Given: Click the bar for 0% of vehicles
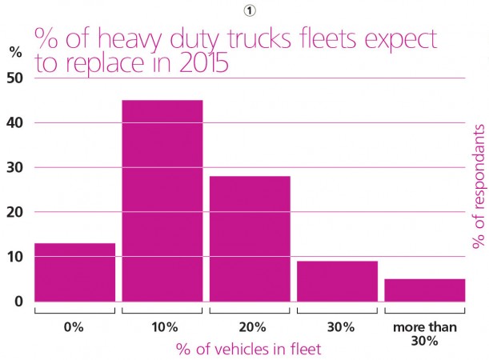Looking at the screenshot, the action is tap(75, 273).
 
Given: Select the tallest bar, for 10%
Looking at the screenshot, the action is tap(162, 201).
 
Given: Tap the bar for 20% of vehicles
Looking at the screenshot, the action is tap(250, 238).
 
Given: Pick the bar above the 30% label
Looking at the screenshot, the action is tap(337, 281).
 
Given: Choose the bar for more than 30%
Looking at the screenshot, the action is tap(425, 290).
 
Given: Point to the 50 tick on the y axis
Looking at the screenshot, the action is tap(14, 78).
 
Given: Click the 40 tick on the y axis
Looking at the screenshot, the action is tap(14, 122).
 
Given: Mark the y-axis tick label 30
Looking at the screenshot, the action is tap(14, 167).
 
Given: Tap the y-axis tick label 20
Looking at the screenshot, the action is tap(14, 212).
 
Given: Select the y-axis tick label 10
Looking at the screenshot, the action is tap(14, 257).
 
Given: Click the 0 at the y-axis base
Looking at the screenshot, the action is tap(18, 302).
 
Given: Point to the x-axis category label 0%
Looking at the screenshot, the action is tap(74, 327).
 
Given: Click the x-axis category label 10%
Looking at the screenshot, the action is tap(165, 327).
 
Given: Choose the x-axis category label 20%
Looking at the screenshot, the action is tap(252, 327).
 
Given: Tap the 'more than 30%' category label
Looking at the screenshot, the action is tap(425, 334).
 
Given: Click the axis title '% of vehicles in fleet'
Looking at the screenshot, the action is tap(249, 349).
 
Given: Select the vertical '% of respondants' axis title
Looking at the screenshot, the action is tap(479, 186).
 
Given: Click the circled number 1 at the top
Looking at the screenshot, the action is tap(249, 11).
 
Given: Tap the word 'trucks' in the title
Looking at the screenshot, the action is tap(260, 39).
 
